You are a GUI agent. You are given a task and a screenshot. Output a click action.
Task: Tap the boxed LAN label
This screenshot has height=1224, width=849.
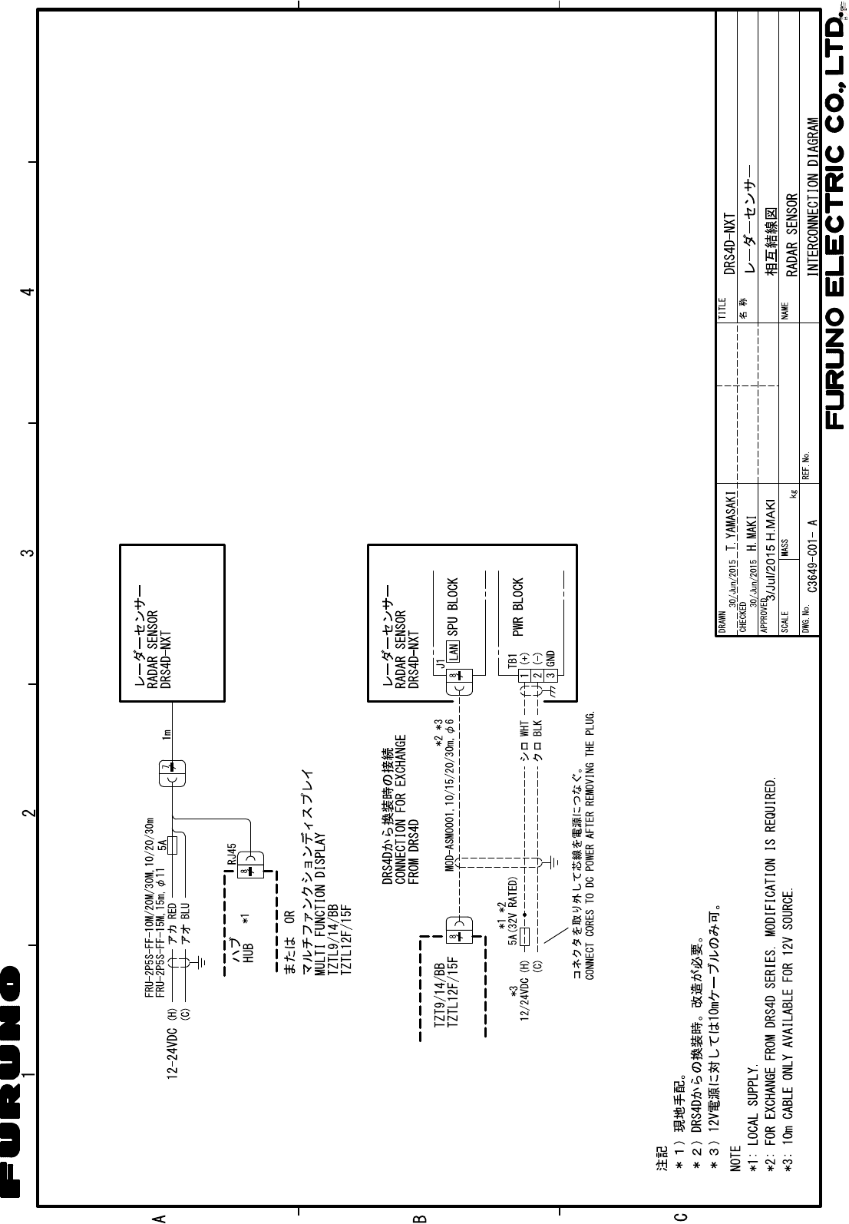pos(454,652)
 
